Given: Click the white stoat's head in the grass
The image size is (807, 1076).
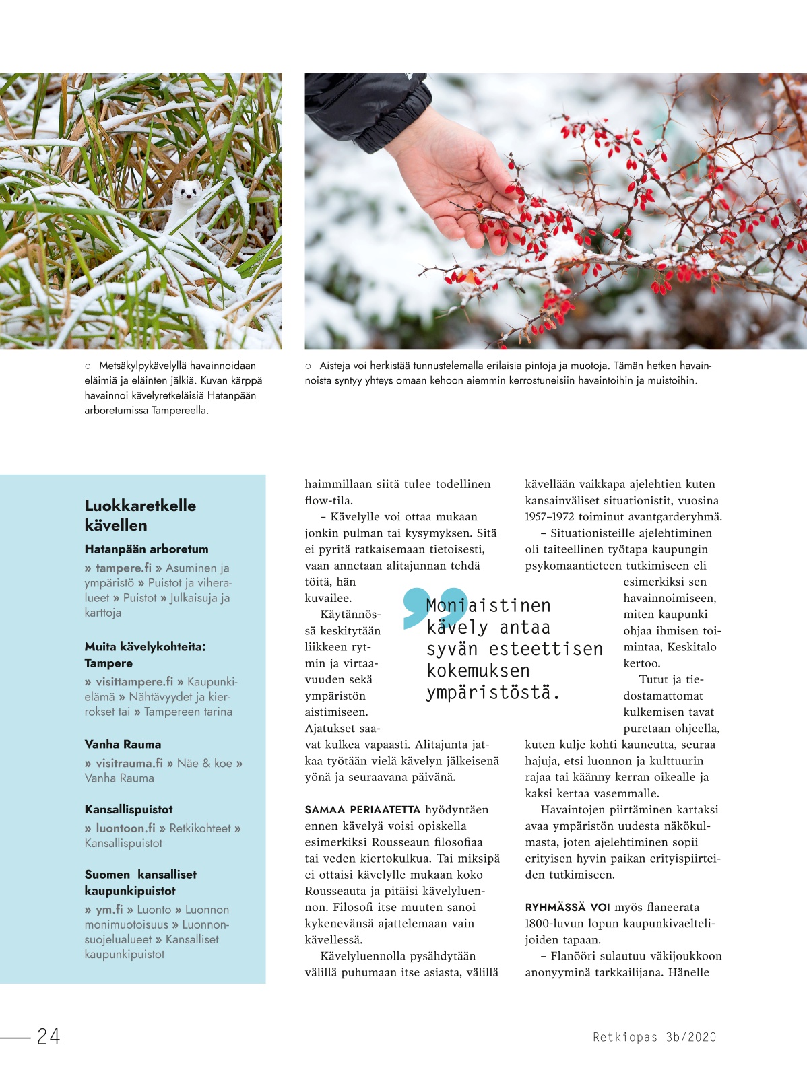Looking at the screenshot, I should point(183,193).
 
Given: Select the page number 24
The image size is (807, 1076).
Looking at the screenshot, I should point(49,1036).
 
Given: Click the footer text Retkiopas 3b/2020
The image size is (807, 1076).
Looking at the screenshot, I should point(654,1037).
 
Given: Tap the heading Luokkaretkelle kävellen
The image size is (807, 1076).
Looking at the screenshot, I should point(140,515).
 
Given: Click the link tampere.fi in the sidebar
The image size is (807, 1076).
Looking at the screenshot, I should point(123,568).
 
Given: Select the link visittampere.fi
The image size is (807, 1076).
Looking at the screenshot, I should point(134,681).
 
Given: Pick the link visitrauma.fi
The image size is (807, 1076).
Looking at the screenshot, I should point(129,763).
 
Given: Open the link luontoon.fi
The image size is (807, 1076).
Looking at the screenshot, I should point(125,828).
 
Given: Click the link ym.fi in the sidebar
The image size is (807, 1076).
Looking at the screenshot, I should point(109,910).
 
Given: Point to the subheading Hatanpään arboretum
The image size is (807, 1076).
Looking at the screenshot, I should point(146,549).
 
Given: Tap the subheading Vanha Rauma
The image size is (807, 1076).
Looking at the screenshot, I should point(123,744).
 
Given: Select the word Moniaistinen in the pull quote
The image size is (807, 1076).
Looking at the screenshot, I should point(488,605).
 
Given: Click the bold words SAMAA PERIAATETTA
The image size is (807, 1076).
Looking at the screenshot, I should point(362,809).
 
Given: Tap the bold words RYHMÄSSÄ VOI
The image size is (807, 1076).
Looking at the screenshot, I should point(567,907).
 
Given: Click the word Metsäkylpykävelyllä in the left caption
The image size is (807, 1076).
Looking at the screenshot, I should point(143,366).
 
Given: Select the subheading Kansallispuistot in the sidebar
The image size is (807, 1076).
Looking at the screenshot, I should point(129,809).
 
